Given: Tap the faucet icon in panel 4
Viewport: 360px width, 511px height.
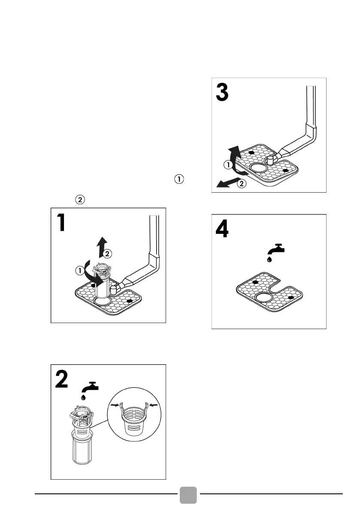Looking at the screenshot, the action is (276, 249).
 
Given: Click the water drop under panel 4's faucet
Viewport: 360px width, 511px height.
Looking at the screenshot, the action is (269, 259).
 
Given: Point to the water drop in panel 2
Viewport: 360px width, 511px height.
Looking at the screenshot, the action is (83, 397).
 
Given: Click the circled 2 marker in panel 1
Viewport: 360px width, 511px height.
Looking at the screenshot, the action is (107, 254).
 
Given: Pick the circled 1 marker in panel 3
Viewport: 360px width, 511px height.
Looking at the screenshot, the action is (229, 164).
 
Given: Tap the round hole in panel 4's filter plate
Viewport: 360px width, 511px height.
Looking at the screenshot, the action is (264, 299).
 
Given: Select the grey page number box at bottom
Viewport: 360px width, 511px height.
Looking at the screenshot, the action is (188, 494).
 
